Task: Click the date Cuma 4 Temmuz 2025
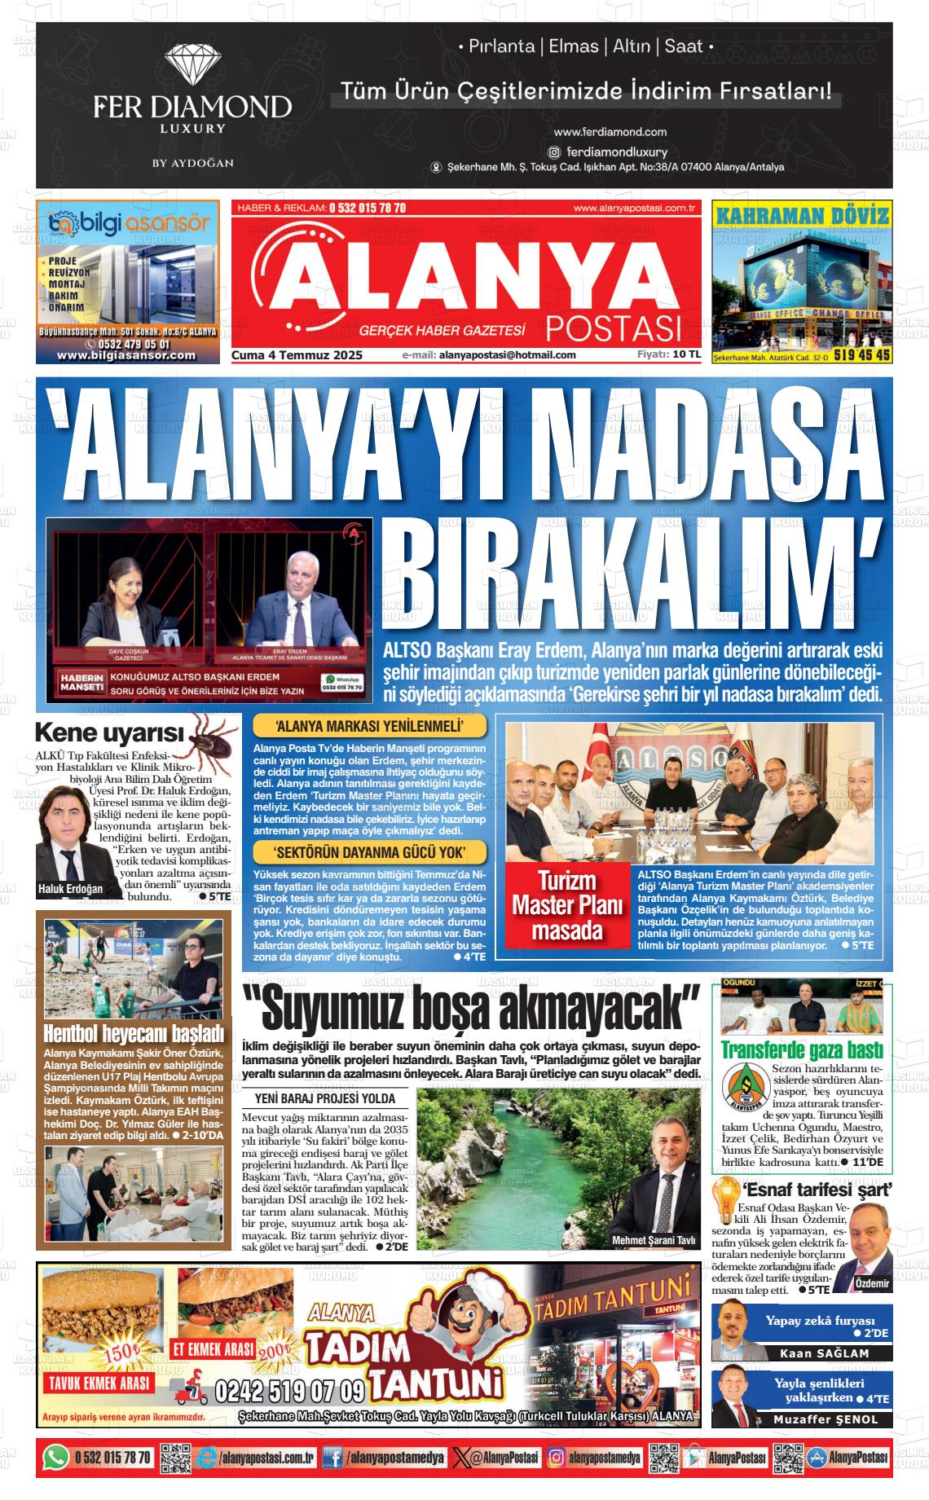[297, 355]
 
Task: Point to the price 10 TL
[686, 354]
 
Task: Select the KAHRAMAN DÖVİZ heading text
[801, 216]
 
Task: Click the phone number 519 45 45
[862, 355]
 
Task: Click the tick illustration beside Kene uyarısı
[214, 737]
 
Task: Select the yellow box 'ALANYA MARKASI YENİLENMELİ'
[370, 726]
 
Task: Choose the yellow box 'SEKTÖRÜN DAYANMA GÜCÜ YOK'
[370, 853]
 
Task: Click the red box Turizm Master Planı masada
[566, 905]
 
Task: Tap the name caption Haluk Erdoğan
[71, 889]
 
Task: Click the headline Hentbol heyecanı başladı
[133, 1034]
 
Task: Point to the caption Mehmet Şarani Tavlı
[654, 1241]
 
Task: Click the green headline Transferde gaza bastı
[802, 1049]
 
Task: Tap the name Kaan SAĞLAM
[824, 1353]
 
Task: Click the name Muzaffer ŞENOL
[826, 1419]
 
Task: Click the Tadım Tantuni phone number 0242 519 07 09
[290, 1390]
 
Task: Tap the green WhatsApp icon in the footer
[55, 1458]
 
